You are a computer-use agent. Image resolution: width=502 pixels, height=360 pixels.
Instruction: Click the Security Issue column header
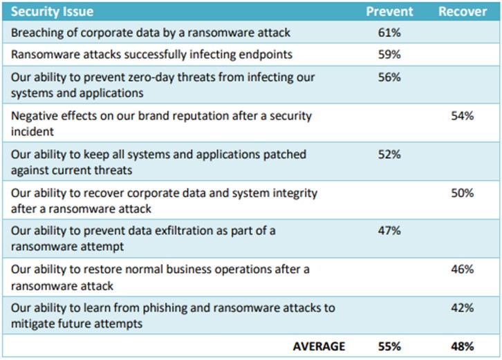point(52,12)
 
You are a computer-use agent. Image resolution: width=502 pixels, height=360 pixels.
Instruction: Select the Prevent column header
point(389,12)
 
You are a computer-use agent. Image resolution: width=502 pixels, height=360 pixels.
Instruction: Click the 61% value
point(389,32)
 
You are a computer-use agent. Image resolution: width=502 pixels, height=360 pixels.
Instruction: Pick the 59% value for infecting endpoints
point(389,55)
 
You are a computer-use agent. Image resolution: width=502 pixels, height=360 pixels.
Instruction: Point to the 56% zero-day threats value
point(389,77)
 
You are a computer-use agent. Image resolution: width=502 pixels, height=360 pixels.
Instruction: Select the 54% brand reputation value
point(462,116)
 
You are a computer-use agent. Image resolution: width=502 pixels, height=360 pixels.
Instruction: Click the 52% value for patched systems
point(389,155)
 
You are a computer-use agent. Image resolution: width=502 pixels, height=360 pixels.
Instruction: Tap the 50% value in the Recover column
point(462,193)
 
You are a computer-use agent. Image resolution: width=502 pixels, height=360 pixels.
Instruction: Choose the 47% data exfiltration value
point(389,231)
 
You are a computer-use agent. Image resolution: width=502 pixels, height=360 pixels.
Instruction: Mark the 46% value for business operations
point(462,269)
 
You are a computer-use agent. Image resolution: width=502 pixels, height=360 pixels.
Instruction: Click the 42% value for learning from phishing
point(462,307)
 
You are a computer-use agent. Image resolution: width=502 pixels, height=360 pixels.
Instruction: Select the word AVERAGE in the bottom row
point(318,345)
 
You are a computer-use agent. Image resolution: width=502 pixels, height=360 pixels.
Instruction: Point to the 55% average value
point(389,345)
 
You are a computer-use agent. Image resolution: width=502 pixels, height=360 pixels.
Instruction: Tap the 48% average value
point(462,345)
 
